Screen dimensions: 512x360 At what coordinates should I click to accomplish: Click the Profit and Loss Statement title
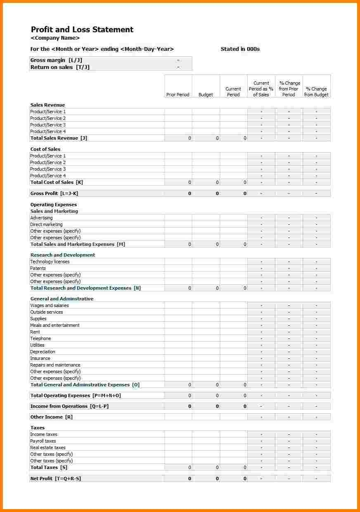(x=82, y=29)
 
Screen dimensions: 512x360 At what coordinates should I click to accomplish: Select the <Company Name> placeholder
(x=55, y=38)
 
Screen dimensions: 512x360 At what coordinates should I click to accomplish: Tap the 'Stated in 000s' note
(x=240, y=49)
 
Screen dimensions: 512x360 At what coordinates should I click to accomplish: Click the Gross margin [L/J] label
(x=56, y=60)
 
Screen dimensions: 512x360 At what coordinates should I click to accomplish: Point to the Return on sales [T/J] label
(x=60, y=67)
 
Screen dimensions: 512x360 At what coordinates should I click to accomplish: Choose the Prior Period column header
(x=178, y=95)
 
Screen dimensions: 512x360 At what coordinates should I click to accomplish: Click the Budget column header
(x=206, y=95)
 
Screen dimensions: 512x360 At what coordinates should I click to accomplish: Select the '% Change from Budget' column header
(x=316, y=92)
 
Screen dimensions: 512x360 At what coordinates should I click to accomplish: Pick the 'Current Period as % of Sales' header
(x=261, y=89)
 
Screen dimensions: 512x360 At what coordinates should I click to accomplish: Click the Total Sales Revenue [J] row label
(x=59, y=138)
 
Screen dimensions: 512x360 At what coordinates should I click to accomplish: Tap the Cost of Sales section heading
(x=45, y=149)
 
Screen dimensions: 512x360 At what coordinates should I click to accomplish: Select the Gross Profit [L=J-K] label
(x=54, y=193)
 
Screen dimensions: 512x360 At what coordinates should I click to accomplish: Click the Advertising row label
(x=41, y=218)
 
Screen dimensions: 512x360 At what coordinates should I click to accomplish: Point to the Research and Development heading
(x=63, y=255)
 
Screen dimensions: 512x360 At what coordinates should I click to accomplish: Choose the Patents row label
(x=38, y=268)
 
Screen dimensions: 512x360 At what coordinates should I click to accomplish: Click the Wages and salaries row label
(x=50, y=305)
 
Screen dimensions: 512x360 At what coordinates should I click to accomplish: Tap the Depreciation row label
(x=43, y=352)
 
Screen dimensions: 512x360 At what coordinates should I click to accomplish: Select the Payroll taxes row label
(x=43, y=441)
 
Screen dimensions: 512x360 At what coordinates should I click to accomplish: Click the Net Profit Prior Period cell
(x=178, y=479)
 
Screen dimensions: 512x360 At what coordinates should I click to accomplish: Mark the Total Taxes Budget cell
(x=206, y=467)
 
